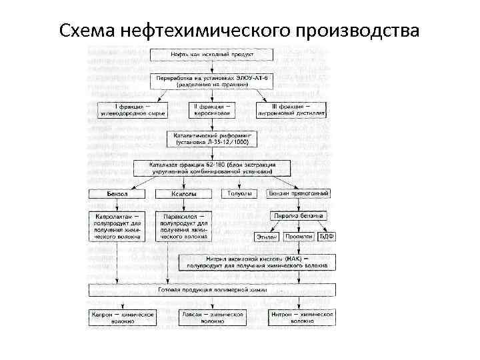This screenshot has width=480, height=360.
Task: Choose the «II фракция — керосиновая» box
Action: [x=212, y=110]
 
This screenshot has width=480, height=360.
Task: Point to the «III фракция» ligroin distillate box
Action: [x=291, y=110]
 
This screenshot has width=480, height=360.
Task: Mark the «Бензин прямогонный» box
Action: [x=298, y=193]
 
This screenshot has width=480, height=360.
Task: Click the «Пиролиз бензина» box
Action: [x=297, y=216]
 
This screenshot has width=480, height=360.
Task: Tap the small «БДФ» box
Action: [x=327, y=236]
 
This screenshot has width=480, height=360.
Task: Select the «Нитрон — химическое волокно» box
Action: [x=302, y=317]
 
